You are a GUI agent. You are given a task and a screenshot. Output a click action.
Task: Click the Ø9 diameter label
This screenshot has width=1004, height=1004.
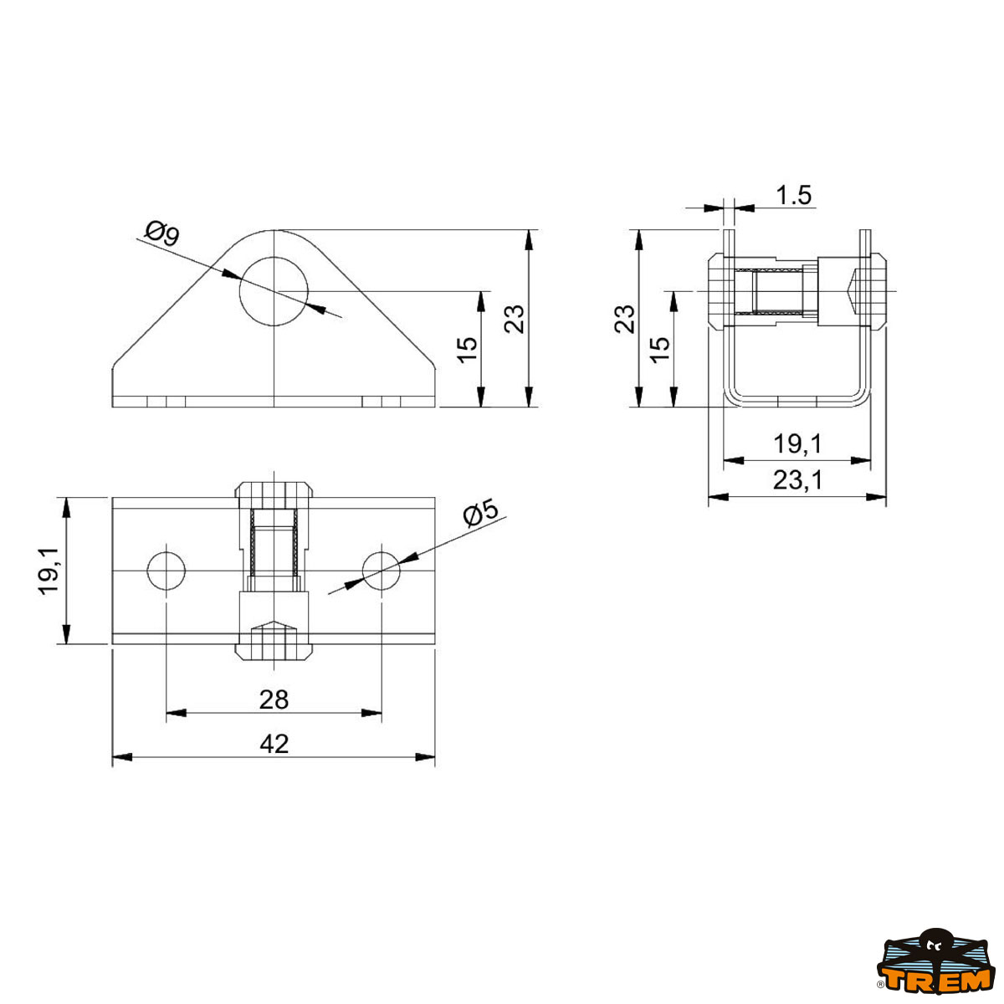pos(162,233)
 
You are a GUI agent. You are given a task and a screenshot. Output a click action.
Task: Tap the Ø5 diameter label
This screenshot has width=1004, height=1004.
pos(480,513)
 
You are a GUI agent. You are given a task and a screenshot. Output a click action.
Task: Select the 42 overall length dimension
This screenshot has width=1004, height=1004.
pos(274,744)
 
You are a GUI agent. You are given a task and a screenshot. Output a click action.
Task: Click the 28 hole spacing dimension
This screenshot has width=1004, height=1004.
pos(274,699)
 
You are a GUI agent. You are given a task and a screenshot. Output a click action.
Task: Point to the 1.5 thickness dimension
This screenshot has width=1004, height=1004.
pos(793,196)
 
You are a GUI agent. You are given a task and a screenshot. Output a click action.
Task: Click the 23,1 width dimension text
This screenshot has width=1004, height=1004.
pos(797,480)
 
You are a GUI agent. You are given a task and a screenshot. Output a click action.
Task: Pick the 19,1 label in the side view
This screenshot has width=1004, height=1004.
pos(797,444)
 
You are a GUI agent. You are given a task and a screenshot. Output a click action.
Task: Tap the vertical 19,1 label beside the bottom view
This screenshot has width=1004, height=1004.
pos(49,571)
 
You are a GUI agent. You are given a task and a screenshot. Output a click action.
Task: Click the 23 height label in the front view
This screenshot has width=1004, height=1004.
pos(515,319)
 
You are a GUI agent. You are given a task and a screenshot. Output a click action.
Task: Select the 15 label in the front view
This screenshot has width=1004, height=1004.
pos(468,350)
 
